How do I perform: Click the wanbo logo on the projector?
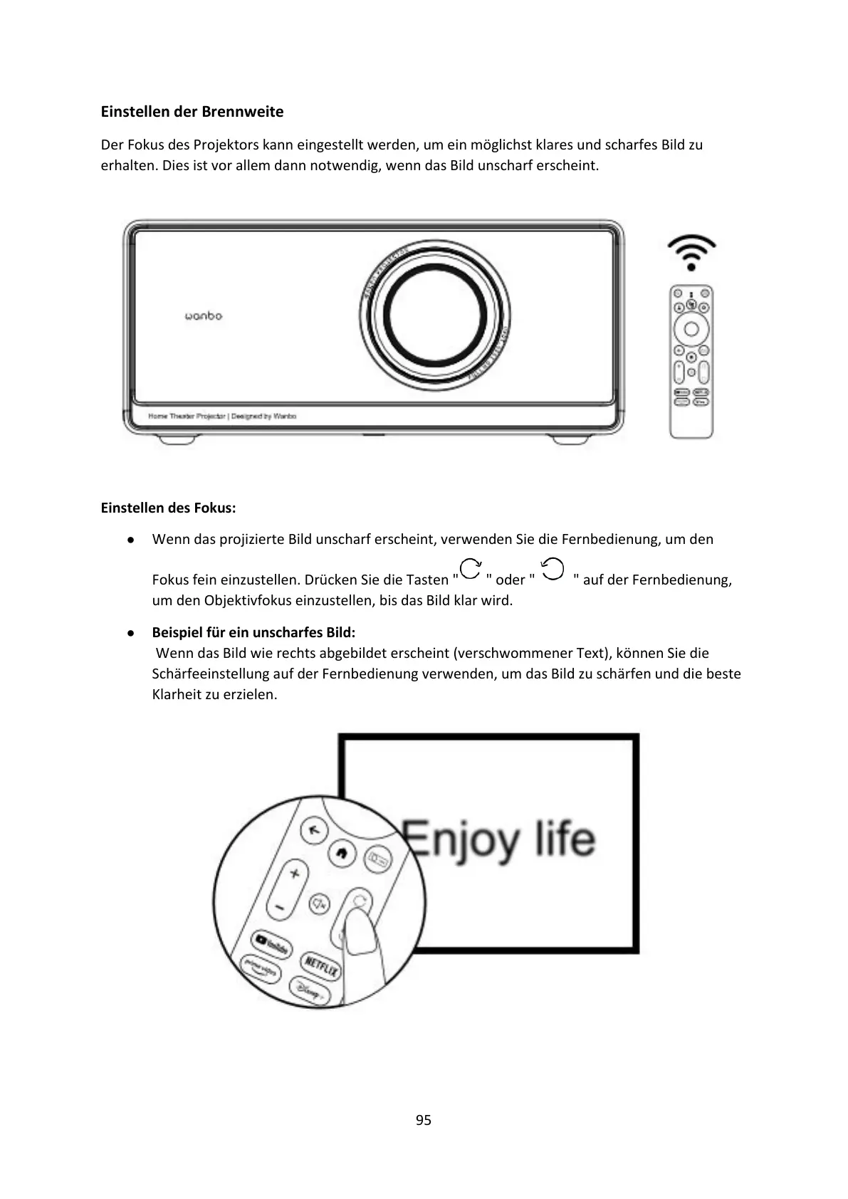[204, 315]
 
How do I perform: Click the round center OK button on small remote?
[691, 329]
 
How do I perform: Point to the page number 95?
[424, 1120]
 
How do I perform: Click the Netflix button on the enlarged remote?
[321, 965]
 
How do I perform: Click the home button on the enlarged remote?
[342, 853]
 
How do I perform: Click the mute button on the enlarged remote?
[319, 904]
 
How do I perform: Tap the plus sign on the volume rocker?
[294, 874]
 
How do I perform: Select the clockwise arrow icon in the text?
[470, 570]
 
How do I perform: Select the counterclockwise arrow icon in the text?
[553, 569]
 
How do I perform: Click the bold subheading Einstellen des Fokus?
[168, 508]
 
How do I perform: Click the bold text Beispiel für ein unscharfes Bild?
[253, 632]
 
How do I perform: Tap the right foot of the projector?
[570, 439]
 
